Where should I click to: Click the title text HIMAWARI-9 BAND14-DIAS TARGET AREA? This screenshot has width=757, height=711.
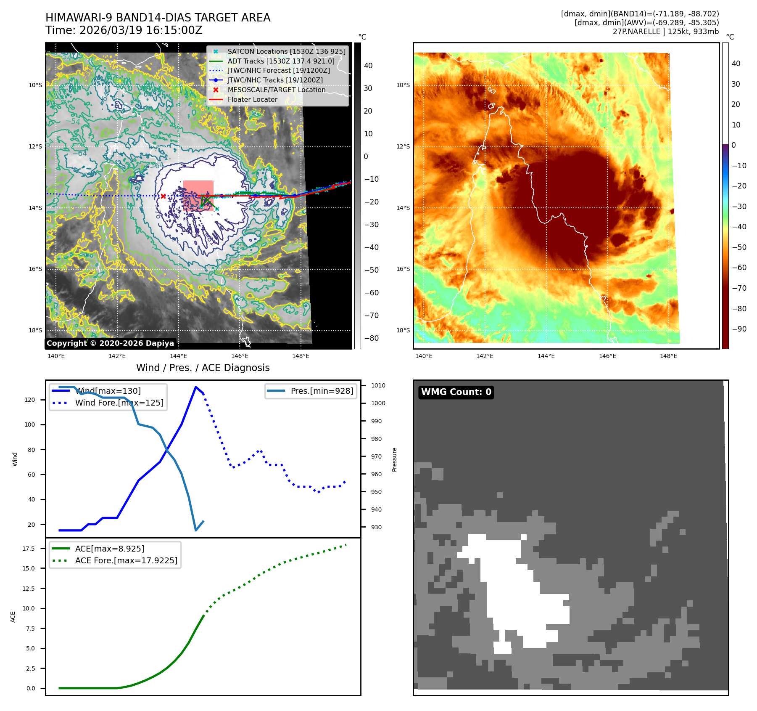pos(158,18)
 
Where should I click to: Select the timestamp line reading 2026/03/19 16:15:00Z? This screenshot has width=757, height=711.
pos(140,31)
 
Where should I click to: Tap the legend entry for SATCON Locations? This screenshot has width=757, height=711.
pos(286,51)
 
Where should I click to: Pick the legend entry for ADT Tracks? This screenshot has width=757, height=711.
pos(281,61)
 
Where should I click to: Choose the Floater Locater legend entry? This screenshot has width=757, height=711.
pos(252,99)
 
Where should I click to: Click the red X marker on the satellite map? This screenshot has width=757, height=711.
pos(163,196)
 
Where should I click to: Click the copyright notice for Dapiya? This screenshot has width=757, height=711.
pos(110,343)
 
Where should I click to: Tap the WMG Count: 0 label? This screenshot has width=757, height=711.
pos(456,392)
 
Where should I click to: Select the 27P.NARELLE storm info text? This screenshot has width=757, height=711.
pos(665,32)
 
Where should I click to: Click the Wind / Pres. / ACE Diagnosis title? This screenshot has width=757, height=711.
pos(203,368)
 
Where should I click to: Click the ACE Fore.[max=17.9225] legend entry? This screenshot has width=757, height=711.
pos(126,560)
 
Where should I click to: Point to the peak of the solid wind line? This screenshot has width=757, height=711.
pos(196,387)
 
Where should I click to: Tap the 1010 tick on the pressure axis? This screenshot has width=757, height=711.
pos(378,385)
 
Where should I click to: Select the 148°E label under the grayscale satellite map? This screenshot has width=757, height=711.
pos(301,356)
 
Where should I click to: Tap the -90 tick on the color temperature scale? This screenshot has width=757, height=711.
pos(739,329)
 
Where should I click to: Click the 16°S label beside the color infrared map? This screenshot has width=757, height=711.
pos(403,269)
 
